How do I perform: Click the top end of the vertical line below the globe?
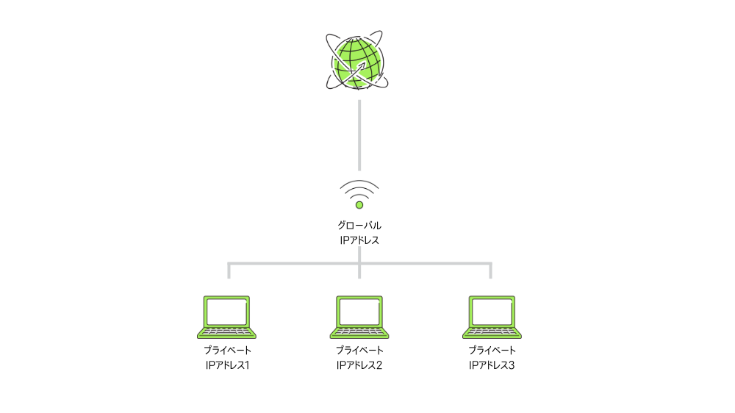[359, 101]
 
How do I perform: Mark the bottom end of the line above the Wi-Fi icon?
[359, 170]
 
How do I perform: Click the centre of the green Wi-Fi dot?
[359, 205]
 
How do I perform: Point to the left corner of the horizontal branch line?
[229, 264]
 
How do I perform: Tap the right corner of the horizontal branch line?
[491, 264]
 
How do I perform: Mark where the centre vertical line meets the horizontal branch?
[359, 264]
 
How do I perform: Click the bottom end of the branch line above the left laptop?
[229, 279]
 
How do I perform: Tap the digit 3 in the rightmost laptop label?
[512, 365]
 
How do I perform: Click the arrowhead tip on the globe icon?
[365, 62]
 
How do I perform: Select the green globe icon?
[357, 60]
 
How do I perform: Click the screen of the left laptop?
[227, 312]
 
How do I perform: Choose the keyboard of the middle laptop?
[359, 332]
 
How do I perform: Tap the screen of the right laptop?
[492, 312]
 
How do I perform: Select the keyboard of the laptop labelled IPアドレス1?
[227, 332]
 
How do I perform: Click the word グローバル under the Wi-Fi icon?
[359, 226]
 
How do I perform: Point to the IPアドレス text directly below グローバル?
[359, 240]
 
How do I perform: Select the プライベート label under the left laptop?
[227, 351]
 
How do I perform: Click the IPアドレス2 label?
[359, 365]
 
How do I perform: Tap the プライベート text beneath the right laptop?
[492, 351]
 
